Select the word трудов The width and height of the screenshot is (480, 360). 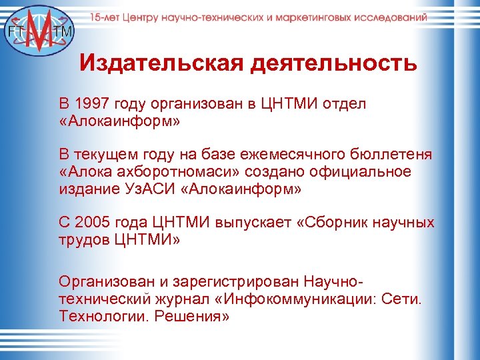tap(83, 239)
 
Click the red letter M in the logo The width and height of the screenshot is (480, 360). tap(39, 30)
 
